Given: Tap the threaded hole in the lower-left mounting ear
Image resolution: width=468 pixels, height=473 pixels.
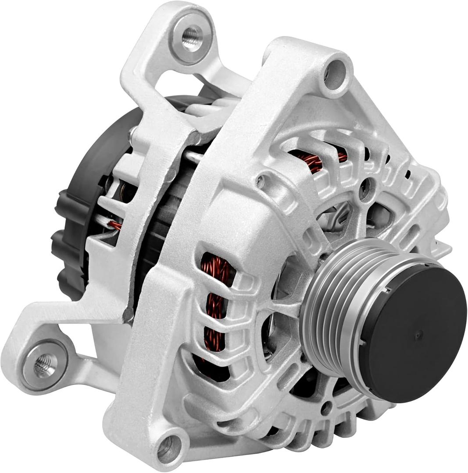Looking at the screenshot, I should [45, 364].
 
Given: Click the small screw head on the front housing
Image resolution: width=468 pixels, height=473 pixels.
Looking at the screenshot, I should [261, 180].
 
